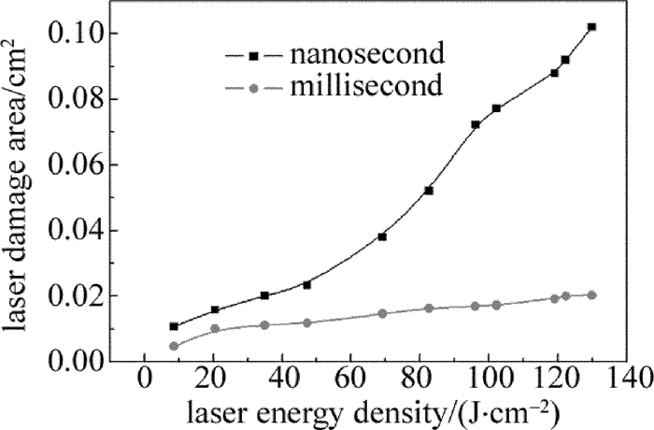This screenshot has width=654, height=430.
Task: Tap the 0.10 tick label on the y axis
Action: click(92, 35)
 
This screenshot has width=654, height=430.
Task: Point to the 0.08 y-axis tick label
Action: click(92, 100)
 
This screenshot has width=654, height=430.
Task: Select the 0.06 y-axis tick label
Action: click(92, 165)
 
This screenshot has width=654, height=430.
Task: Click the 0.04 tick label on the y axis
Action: click(92, 231)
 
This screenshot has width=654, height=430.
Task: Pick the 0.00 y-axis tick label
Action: click(92, 362)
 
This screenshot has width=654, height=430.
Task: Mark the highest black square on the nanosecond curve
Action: click(591, 27)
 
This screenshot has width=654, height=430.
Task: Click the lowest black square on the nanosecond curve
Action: click(174, 326)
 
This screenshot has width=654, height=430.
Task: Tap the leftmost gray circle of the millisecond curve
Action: click(174, 346)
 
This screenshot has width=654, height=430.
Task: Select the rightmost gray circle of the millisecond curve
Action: click(591, 295)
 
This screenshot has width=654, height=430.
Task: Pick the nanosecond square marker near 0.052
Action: click(429, 191)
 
